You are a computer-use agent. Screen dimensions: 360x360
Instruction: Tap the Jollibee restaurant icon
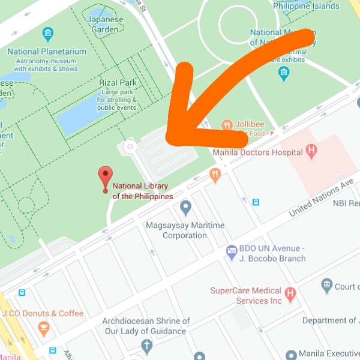coord(227,125)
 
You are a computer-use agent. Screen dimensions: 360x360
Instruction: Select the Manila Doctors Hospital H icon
coord(311,151)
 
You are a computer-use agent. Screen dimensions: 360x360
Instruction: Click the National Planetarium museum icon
coord(47,34)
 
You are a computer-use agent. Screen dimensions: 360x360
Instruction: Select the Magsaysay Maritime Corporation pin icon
coord(185,208)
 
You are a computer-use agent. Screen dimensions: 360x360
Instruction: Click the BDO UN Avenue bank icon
coord(231,251)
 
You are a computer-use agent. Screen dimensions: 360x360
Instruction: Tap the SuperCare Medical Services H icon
coord(291,293)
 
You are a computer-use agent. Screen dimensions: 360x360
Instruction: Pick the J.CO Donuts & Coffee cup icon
coord(43,328)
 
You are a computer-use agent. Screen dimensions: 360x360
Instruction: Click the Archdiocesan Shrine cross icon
coord(146,346)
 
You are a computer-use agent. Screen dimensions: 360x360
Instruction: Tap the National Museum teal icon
coord(284,73)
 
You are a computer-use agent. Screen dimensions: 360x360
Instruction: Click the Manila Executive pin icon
coord(291,355)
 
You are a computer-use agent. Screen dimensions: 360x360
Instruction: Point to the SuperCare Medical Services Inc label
coord(246,295)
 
